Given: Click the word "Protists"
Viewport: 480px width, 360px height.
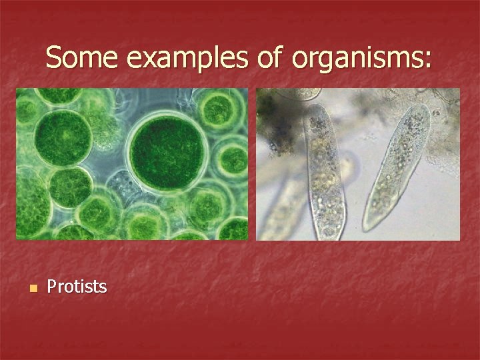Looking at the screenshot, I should click(77, 287).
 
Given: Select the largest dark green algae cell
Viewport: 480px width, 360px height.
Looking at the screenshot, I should click(168, 148).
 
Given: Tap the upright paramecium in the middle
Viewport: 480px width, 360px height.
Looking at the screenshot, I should click(325, 173).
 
